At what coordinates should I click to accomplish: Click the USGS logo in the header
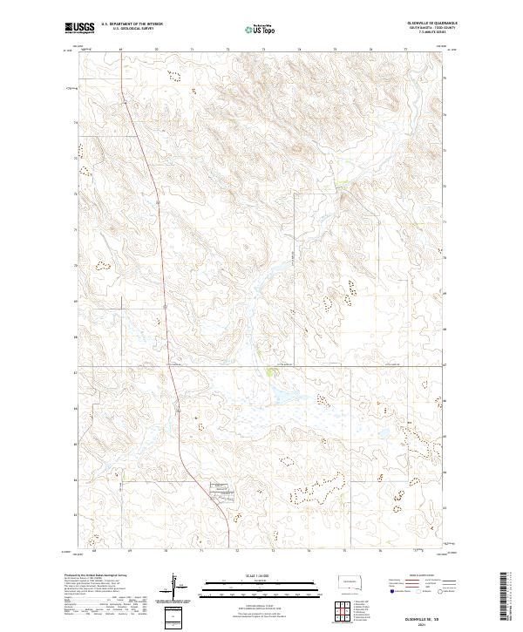[x=79, y=28]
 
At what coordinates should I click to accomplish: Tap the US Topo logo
[x=262, y=29]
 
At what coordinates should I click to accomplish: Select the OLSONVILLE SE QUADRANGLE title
[x=431, y=23]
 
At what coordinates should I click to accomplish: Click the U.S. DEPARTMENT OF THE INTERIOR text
[x=132, y=24]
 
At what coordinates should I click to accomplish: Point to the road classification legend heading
[x=425, y=576]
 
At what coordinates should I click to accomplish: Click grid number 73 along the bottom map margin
[x=273, y=551]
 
